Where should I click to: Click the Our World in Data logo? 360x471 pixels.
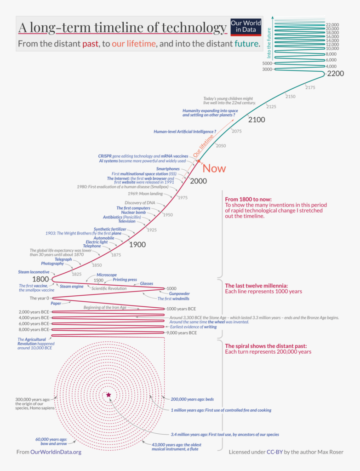tap(246, 27)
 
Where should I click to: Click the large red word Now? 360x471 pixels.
tap(214, 168)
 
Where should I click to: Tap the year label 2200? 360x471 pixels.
tap(335, 74)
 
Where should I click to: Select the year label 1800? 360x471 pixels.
tap(41, 279)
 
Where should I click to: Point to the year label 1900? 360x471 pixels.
tap(137, 245)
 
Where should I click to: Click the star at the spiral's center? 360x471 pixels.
tap(109, 395)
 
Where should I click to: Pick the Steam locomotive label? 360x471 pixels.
tap(34, 272)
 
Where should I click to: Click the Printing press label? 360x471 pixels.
tap(125, 280)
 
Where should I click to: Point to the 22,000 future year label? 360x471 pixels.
tap(332, 24)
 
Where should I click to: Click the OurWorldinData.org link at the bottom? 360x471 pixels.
tap(56, 452)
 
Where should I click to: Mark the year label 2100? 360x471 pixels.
tap(257, 120)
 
